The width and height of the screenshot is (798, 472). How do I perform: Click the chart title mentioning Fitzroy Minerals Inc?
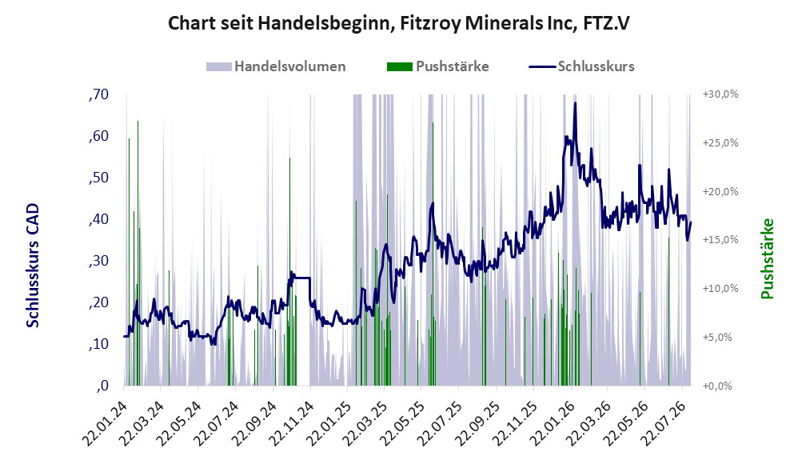[398, 23]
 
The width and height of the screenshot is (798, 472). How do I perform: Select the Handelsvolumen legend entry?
[276, 66]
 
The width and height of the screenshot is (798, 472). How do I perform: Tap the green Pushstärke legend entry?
[437, 66]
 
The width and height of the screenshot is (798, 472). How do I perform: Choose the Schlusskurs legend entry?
[581, 66]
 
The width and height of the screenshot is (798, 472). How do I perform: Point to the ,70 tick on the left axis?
[98, 94]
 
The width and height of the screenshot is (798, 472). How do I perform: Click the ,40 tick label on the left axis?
[98, 219]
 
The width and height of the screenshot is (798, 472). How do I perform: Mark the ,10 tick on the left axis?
[98, 344]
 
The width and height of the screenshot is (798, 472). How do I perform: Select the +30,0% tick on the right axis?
[720, 94]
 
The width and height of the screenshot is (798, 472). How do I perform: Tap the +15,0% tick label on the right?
[720, 240]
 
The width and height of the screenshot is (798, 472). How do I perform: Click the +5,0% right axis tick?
[717, 337]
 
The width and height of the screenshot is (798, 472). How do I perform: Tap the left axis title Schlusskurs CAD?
[33, 265]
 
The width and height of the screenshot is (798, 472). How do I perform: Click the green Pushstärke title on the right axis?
[767, 258]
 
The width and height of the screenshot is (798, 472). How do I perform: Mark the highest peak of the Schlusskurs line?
[575, 103]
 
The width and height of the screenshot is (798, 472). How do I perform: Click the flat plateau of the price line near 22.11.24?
[301, 278]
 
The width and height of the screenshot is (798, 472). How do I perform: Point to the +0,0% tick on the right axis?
[717, 386]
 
